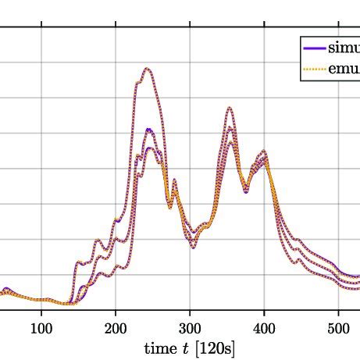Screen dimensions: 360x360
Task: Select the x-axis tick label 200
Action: coord(116,326)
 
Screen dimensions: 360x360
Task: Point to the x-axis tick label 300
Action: coord(190,326)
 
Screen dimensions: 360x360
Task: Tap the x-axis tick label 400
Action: coord(264,326)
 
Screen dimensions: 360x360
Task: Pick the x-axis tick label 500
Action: coord(338,326)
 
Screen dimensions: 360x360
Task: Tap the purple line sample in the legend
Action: coord(314,48)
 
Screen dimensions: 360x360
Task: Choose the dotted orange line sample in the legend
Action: coord(314,69)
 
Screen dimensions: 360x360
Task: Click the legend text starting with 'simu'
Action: coord(344,48)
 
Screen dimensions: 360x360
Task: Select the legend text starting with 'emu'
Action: coord(344,69)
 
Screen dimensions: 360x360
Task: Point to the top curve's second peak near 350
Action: coord(229,108)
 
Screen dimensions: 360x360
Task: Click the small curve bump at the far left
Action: coord(5,289)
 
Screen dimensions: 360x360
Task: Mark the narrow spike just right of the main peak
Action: coord(174,180)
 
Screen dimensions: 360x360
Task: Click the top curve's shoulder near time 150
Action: coord(81,262)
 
